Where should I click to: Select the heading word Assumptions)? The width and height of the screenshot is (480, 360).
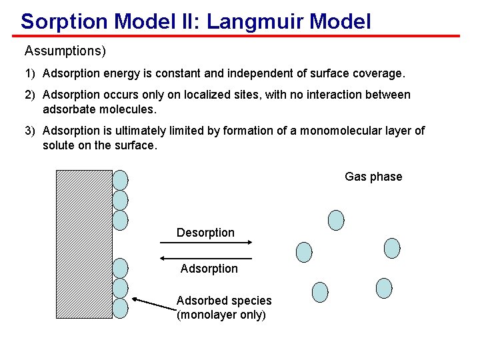click(x=65, y=51)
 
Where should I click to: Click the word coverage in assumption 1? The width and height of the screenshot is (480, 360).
click(x=380, y=72)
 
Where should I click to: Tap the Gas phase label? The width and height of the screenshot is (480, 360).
click(x=373, y=177)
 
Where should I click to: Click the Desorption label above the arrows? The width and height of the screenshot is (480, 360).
click(x=205, y=233)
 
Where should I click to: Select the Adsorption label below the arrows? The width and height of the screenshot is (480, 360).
click(x=209, y=269)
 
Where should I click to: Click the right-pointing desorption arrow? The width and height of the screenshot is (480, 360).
click(x=206, y=244)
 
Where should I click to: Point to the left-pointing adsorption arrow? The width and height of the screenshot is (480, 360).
click(x=206, y=258)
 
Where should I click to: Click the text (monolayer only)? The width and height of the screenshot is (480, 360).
click(x=221, y=315)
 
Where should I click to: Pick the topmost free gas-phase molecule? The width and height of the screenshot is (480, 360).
click(x=337, y=220)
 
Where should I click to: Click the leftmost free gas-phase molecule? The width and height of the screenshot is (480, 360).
click(x=304, y=251)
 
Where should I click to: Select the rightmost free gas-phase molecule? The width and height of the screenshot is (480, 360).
click(x=392, y=248)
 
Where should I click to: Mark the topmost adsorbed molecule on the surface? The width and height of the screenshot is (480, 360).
click(x=120, y=179)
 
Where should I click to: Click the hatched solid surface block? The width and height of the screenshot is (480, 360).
click(x=84, y=244)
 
